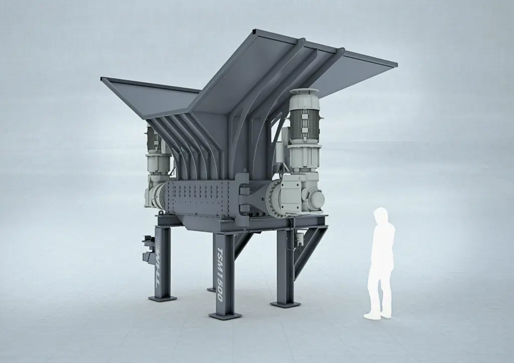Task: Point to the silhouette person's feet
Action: pyautogui.click(x=377, y=315)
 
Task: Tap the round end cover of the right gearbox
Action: pyautogui.click(x=316, y=200)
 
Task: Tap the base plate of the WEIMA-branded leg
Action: pyautogui.click(x=162, y=298)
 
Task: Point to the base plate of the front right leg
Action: pyautogui.click(x=285, y=303)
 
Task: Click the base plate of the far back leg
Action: pyautogui.click(x=211, y=289)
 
